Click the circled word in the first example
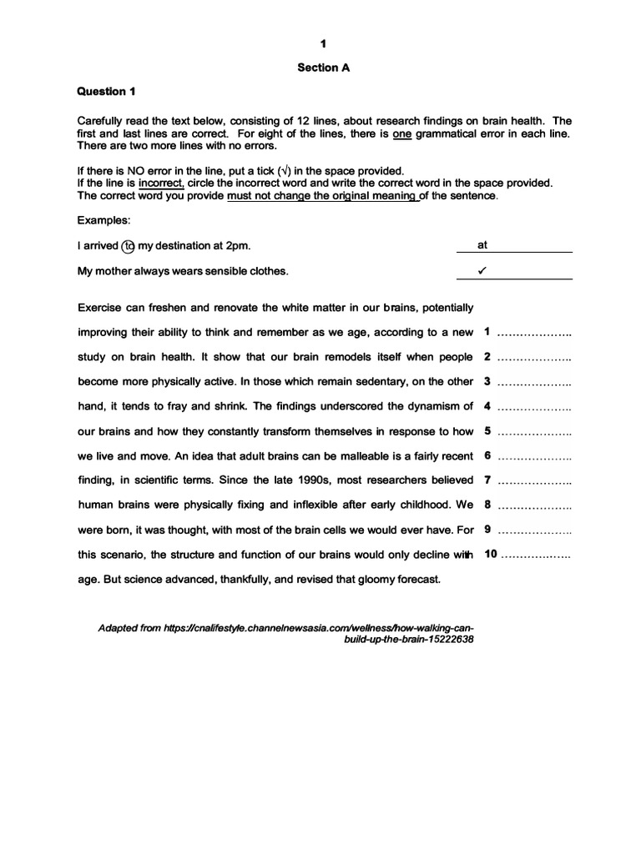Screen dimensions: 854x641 (x=128, y=246)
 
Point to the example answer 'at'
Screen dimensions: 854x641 (x=482, y=246)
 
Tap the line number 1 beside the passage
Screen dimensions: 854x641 (x=487, y=332)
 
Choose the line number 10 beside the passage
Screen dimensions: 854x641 (x=491, y=554)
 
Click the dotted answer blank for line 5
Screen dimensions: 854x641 (x=534, y=433)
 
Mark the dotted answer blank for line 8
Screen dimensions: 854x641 (x=534, y=506)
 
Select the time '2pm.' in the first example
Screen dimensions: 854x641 (x=236, y=246)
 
